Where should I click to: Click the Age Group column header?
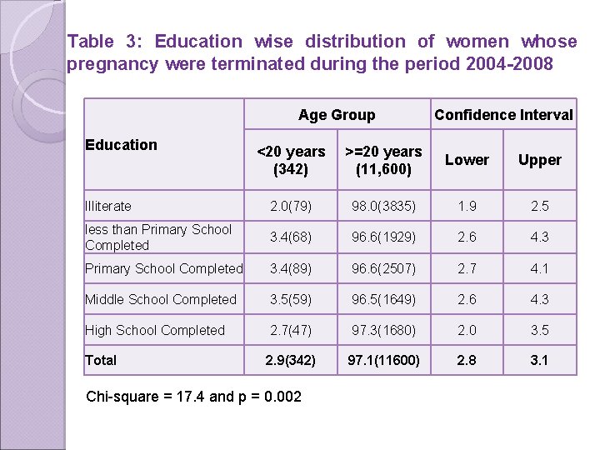(337, 115)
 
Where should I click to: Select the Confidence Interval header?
(503, 115)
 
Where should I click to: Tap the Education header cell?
(122, 145)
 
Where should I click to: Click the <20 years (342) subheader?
(291, 160)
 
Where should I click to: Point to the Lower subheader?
(467, 160)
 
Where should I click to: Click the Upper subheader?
(539, 160)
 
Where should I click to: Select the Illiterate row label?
(108, 206)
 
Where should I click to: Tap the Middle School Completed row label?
(161, 299)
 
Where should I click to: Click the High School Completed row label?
(155, 330)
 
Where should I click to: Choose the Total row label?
(101, 360)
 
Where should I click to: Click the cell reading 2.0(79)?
(291, 206)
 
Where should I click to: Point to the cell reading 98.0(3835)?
(383, 206)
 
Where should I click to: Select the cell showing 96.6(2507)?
(383, 268)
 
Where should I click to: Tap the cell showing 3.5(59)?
(291, 299)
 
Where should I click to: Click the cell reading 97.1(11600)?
(383, 360)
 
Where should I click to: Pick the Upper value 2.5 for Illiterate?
(539, 206)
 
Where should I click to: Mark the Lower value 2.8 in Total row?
(467, 360)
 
